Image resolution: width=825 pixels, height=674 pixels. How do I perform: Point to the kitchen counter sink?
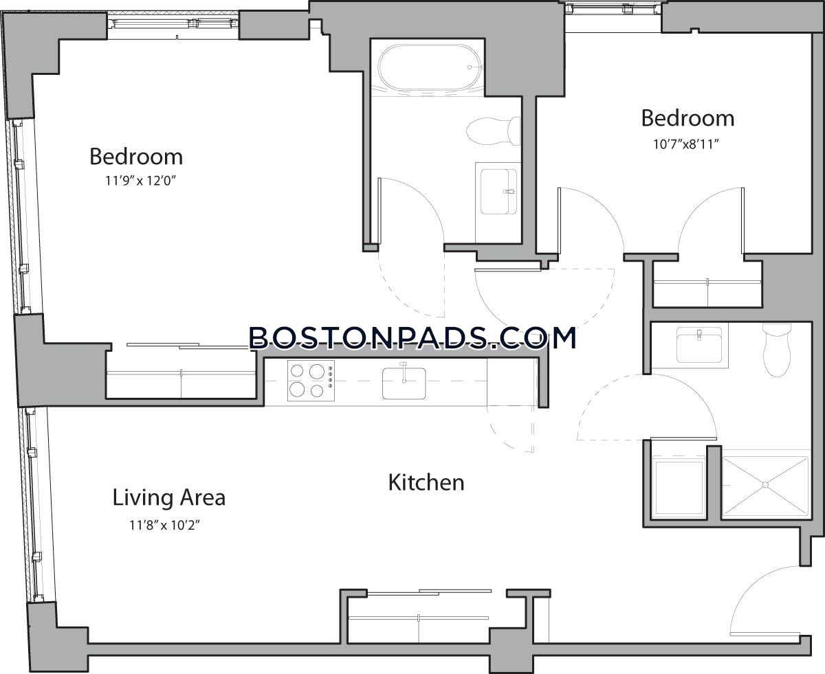pos(404,383)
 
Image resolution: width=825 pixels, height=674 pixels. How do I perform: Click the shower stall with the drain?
pos(764,485)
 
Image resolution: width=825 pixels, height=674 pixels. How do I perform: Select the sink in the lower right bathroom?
pos(698,344)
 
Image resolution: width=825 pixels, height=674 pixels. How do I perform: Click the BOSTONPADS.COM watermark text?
pos(412,337)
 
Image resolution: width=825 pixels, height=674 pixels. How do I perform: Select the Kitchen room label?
pos(426,482)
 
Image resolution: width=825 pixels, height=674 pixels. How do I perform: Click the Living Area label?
pos(168,497)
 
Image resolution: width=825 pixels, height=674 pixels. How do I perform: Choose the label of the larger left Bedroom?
pos(136,157)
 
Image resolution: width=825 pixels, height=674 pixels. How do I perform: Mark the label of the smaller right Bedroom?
pos(687,118)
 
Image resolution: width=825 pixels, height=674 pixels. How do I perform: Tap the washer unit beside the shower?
pos(679,488)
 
